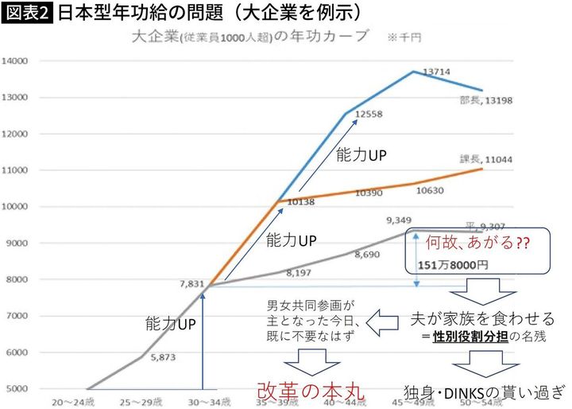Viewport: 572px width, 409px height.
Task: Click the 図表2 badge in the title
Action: point(26,14)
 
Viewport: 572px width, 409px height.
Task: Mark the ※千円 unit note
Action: point(404,37)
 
